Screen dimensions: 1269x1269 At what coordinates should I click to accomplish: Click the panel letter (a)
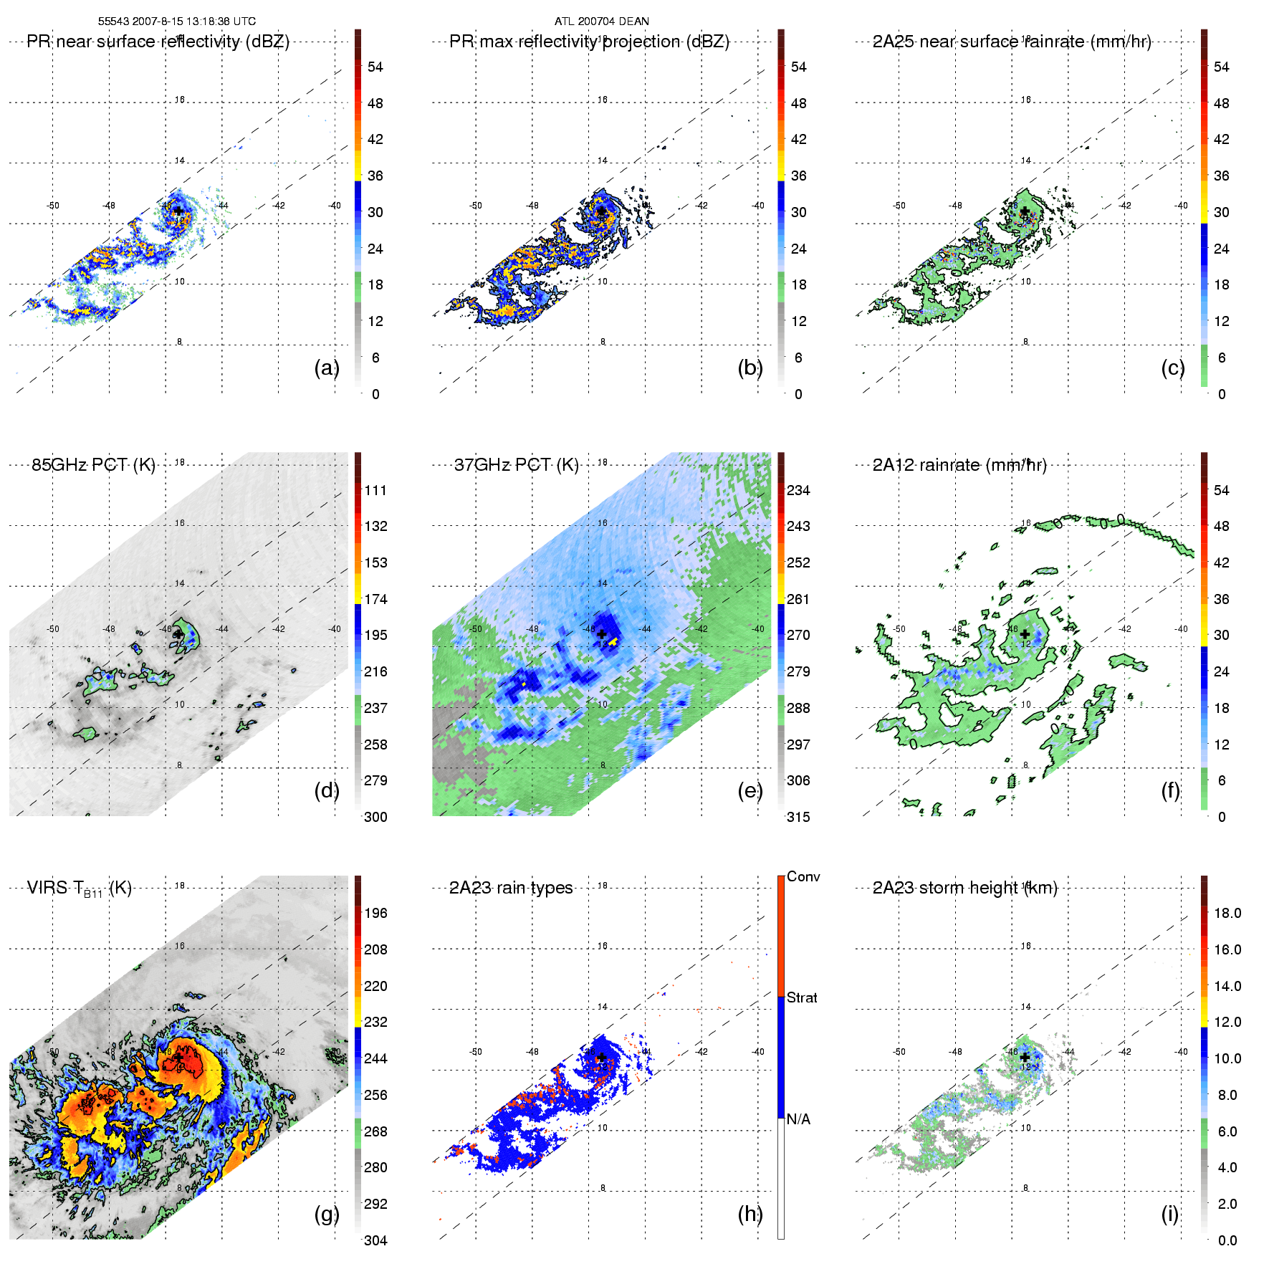[326, 368]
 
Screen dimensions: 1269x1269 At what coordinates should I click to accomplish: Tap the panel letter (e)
[750, 790]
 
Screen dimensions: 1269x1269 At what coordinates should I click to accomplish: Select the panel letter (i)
[1169, 1214]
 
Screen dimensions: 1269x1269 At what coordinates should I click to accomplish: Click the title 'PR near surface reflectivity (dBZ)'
[158, 42]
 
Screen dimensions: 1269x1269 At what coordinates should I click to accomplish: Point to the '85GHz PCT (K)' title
[93, 464]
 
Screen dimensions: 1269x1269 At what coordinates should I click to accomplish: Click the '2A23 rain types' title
[511, 888]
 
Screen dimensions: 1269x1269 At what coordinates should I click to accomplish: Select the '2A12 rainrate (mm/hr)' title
[959, 465]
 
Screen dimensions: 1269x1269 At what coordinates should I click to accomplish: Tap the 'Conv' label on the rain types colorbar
[803, 876]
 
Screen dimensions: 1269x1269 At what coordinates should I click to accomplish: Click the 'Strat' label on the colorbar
[802, 997]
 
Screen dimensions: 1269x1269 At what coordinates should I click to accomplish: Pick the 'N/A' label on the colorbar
[798, 1119]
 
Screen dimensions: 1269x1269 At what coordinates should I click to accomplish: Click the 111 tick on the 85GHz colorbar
[375, 490]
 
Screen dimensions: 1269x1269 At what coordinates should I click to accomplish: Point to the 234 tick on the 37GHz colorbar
[798, 490]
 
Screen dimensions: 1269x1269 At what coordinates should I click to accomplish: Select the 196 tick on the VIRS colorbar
[375, 913]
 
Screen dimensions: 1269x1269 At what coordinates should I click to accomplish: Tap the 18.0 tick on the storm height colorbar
[1227, 913]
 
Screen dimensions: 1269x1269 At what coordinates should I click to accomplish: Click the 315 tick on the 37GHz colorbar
[798, 817]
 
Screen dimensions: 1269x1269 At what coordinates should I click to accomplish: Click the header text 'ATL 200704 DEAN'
[602, 21]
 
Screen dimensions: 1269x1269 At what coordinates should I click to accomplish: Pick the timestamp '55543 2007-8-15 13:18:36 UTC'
[177, 21]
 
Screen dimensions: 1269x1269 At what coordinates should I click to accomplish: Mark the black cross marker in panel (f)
[1025, 634]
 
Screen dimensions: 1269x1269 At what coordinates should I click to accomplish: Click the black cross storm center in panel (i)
[1025, 1057]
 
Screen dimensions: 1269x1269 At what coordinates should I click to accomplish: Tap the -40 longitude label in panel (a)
[335, 206]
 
